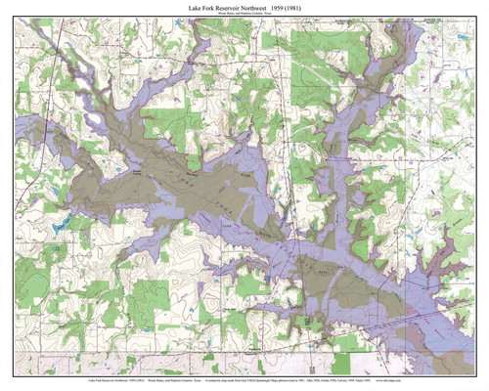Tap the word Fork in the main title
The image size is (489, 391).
tap(203, 7)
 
